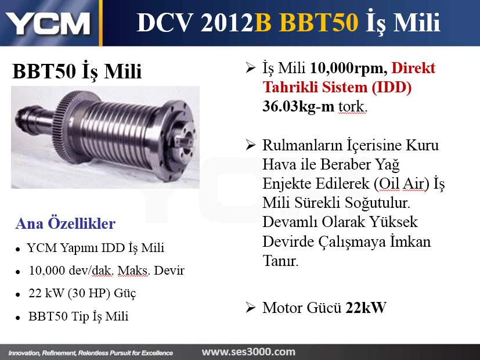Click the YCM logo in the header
[48, 23]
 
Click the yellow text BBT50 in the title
[319, 22]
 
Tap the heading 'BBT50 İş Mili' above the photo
[77, 71]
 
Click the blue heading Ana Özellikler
[65, 223]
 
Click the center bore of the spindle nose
[185, 142]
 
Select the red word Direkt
[413, 68]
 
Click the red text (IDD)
[392, 87]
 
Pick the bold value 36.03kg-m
[298, 106]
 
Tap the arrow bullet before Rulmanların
[250, 145]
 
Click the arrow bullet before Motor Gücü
[250, 307]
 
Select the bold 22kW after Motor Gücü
[366, 308]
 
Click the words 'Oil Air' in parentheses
[402, 183]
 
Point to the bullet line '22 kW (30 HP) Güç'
[82, 293]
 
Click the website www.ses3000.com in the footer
[248, 352]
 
